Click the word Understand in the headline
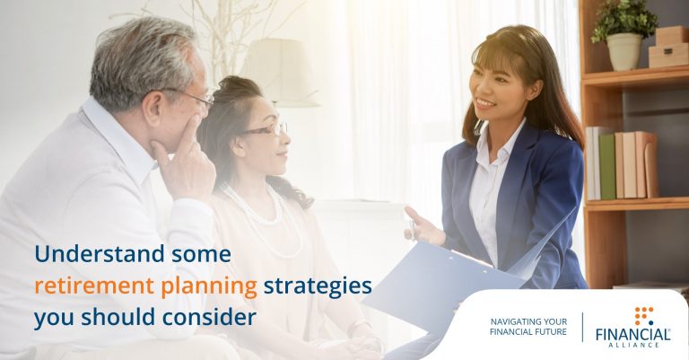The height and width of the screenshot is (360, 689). coord(100,254)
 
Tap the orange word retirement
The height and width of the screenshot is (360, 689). coord(94,285)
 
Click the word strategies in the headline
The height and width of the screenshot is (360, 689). coord(318,287)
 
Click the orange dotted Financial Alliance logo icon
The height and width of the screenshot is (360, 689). coord(644,316)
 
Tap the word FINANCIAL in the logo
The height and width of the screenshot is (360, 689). coord(633,335)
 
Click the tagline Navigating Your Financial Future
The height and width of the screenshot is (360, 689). coord(528,327)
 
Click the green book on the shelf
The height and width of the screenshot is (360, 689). coord(607,166)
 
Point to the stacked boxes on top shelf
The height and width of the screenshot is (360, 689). coord(668,47)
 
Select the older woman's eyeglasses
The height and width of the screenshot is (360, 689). coord(265,129)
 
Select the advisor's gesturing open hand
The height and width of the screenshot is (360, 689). coord(423,226)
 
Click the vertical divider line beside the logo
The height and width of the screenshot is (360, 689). coord(583,327)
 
